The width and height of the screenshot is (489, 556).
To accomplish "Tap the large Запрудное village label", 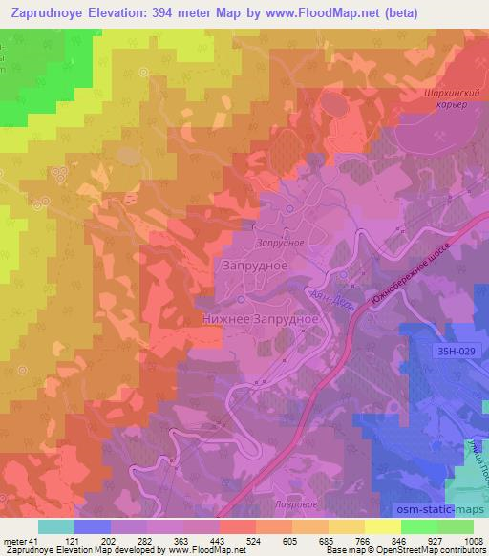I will coord(255,265).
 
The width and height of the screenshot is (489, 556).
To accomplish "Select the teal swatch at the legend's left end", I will coord(56,525).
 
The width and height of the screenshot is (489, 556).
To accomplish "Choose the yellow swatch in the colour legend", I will coord(383,525).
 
